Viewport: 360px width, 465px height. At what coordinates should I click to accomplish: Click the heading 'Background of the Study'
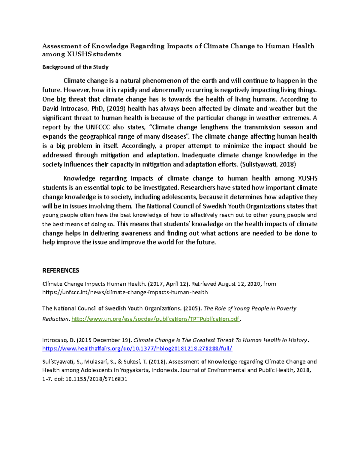point(75,67)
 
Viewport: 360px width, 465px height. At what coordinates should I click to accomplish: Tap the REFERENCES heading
point(61,271)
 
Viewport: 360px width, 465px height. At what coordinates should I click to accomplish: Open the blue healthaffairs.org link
point(137,349)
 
